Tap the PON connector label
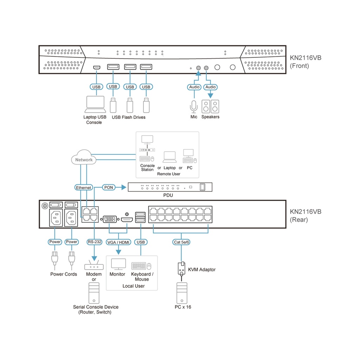point(109,187)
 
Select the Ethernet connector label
point(84,188)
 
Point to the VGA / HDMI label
point(118,242)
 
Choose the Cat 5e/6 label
point(181,242)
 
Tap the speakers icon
point(210,106)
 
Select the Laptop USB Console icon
point(95,103)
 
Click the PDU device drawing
point(170,187)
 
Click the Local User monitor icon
point(118,264)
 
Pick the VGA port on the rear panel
point(110,220)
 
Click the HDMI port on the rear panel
point(127,220)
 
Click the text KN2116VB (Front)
point(305,62)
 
